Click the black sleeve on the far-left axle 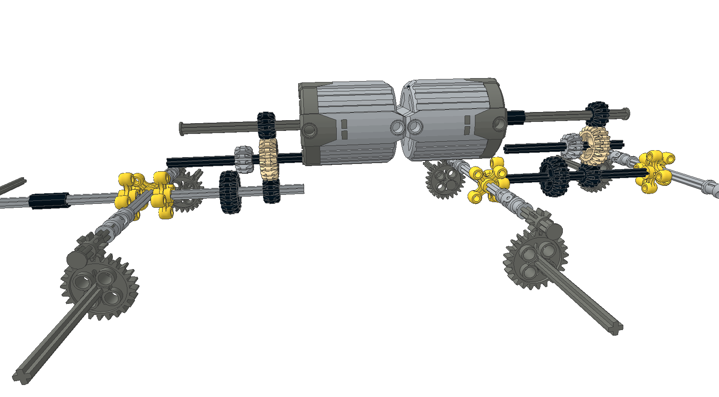click(x=48, y=200)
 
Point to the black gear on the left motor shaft click(x=266, y=125)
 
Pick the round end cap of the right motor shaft click(x=626, y=112)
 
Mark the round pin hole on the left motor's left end click(x=310, y=130)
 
